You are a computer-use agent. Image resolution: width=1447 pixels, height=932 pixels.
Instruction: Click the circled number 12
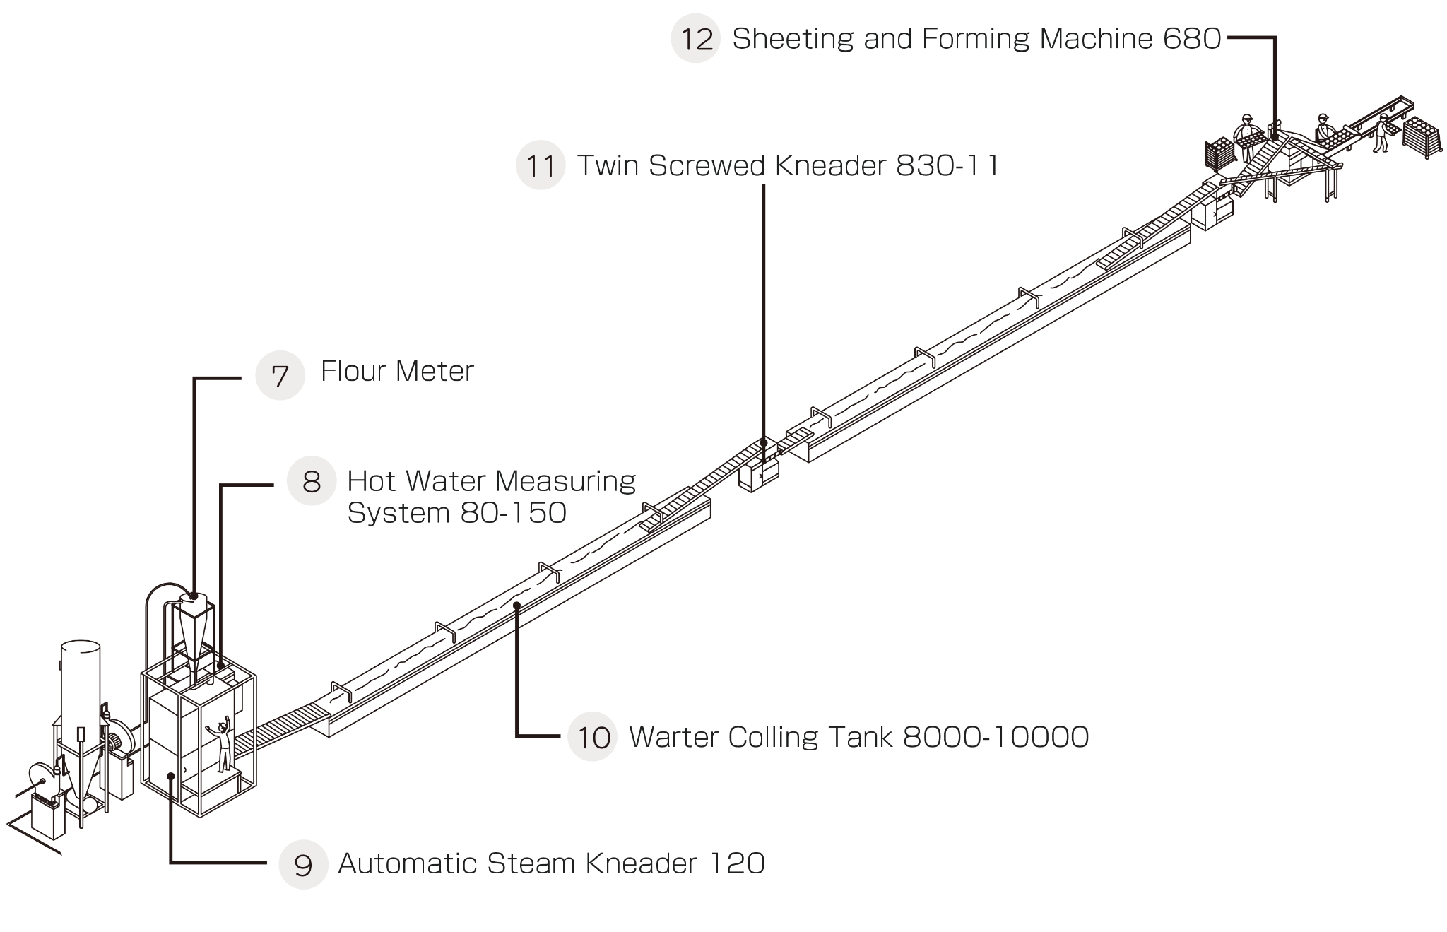696,38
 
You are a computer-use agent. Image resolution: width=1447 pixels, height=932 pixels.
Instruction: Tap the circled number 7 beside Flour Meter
280,375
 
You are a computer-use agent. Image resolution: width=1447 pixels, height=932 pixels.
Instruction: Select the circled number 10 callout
593,736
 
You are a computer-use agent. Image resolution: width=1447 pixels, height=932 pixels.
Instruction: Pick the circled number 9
303,864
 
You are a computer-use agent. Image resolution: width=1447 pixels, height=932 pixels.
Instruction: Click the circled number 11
541,165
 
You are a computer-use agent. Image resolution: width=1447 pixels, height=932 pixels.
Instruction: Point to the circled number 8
311,481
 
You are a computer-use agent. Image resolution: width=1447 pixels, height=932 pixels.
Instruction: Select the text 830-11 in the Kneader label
947,165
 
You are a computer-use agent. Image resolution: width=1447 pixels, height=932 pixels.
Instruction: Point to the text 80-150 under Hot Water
513,513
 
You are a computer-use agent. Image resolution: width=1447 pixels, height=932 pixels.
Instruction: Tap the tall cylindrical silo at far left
80,682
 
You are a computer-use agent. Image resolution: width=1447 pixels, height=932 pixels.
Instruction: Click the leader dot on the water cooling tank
517,605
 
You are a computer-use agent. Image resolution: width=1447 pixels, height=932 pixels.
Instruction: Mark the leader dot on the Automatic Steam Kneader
170,776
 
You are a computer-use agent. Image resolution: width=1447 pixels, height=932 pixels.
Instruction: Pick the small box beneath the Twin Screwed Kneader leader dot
758,473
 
